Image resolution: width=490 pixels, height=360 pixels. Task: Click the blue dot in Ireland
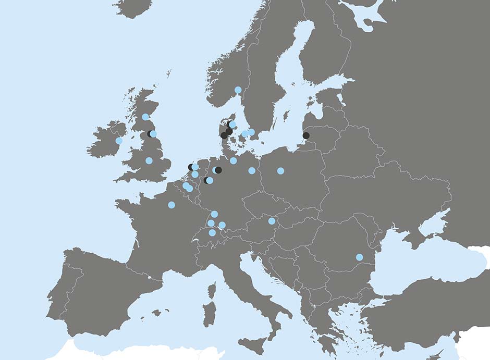(119, 141)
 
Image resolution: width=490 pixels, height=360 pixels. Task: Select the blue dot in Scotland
(145, 117)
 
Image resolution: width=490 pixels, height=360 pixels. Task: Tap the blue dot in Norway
(238, 90)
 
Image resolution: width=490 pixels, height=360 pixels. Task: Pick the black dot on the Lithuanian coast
(306, 135)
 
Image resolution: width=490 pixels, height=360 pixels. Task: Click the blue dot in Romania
(359, 257)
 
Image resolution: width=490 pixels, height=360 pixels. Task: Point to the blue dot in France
(171, 205)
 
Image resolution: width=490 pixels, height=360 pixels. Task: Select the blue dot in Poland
(280, 171)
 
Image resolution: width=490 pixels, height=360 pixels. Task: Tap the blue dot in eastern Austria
(272, 221)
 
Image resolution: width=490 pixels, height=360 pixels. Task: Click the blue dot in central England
(149, 160)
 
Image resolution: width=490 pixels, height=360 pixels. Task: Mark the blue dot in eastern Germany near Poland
(252, 170)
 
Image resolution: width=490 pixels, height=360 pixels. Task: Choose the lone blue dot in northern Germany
(233, 160)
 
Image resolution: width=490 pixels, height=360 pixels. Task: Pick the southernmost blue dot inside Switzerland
(212, 232)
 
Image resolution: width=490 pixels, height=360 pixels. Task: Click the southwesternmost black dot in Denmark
(224, 135)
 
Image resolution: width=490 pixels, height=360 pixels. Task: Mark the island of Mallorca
(155, 313)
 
